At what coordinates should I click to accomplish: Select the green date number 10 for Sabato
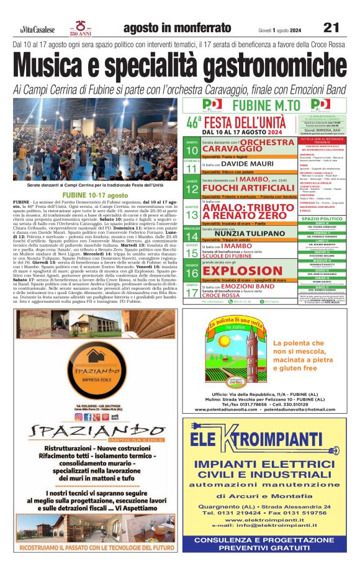(191, 151)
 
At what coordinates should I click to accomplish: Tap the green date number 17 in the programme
(191, 292)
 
